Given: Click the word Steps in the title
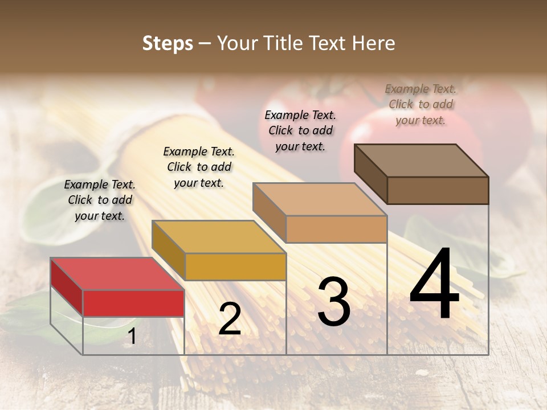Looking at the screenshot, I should pyautogui.click(x=168, y=43).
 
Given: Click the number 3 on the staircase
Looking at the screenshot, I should pyautogui.click(x=333, y=302).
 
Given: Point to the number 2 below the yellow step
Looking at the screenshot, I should pyautogui.click(x=230, y=319).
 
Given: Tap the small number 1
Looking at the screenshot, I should pyautogui.click(x=132, y=337).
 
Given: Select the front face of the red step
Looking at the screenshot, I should pyautogui.click(x=133, y=303).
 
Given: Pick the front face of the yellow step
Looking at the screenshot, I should pyautogui.click(x=235, y=266).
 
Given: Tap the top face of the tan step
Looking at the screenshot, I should pyautogui.click(x=320, y=199).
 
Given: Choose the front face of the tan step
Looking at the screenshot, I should pyautogui.click(x=336, y=229).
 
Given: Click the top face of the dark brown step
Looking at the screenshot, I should pyautogui.click(x=421, y=160).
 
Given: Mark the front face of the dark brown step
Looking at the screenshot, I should pyautogui.click(x=438, y=190).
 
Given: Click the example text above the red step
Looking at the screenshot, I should pyautogui.click(x=100, y=200).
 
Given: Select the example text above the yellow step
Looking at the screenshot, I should pyautogui.click(x=199, y=167).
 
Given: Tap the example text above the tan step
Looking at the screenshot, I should pyautogui.click(x=300, y=130).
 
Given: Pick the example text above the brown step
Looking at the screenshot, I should pyautogui.click(x=421, y=104).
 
